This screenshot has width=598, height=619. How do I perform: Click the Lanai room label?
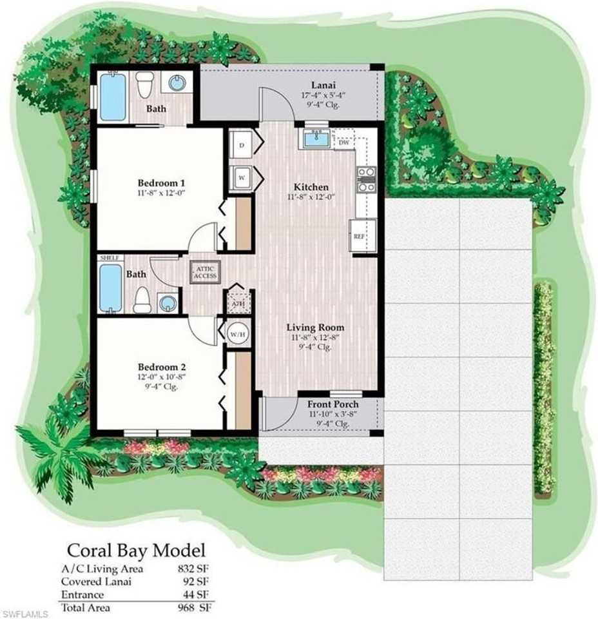pos(322,84)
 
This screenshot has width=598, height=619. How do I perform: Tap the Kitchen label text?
pos(311,187)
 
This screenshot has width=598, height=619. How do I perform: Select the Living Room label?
pos(316,327)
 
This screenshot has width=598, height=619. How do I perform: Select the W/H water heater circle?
pos(236,334)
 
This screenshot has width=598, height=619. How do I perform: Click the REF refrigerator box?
pos(359,237)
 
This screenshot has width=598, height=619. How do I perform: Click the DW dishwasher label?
pos(343,143)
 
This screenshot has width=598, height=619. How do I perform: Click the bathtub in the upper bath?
pos(112,96)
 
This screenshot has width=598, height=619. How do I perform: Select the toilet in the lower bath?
pos(142,299)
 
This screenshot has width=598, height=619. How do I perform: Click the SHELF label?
pos(109,258)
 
